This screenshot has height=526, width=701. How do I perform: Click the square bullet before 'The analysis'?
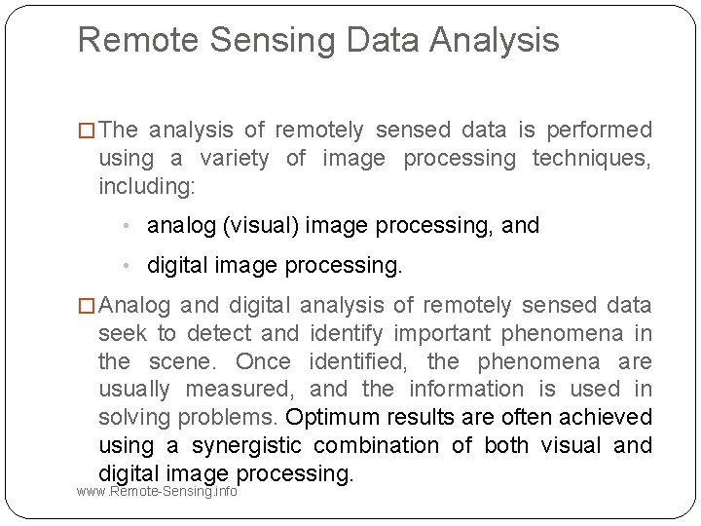pos(87,131)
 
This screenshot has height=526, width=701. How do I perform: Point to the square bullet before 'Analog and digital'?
pos(87,306)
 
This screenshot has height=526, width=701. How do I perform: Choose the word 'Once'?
pos(263,361)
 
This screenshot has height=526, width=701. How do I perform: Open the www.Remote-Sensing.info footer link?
pos(157,491)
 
